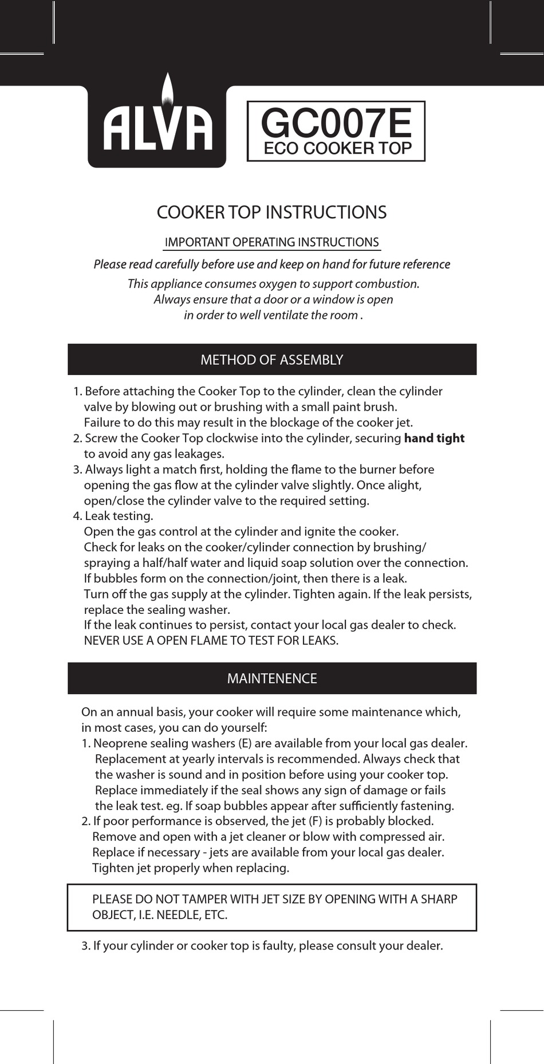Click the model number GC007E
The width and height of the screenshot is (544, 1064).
tap(336, 123)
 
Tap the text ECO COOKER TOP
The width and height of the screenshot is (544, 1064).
tap(337, 148)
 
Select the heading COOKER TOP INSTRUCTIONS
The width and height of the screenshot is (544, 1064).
tap(271, 212)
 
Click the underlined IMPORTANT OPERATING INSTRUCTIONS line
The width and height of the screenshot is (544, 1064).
tap(271, 242)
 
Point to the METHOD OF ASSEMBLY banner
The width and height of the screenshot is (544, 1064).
tap(271, 360)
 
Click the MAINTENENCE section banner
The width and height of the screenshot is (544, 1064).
tap(271, 679)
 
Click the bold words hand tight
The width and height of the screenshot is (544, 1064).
tap(434, 438)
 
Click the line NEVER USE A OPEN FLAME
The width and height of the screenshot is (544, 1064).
tap(211, 641)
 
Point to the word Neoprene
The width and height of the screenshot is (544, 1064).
tap(117, 743)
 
